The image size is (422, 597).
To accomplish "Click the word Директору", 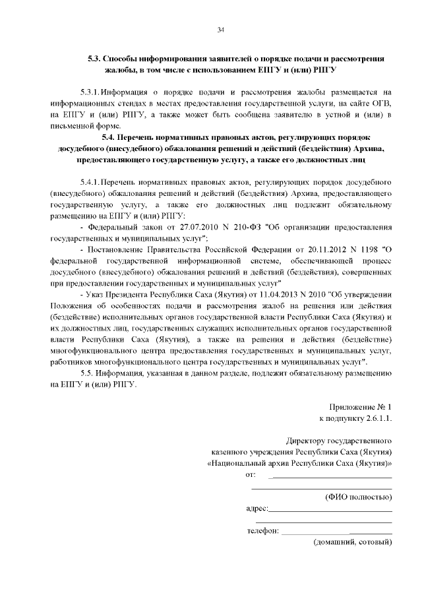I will tap(306, 440).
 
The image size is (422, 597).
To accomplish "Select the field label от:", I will tap(250, 474).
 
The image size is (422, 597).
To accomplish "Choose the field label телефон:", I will tap(263, 530).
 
